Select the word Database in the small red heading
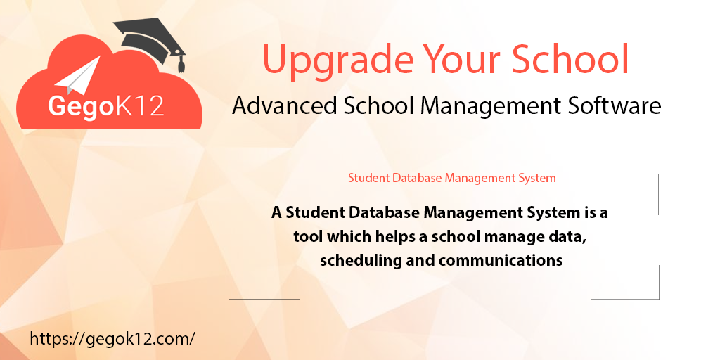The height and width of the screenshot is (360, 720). click(x=418, y=178)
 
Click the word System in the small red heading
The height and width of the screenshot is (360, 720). click(x=536, y=178)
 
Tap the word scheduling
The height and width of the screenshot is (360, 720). click(x=360, y=260)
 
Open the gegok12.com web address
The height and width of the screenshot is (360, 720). click(x=112, y=338)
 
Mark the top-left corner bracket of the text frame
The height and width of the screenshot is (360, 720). click(x=230, y=173)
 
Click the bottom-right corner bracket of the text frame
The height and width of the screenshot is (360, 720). click(x=657, y=297)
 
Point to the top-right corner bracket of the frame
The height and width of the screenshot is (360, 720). click(x=657, y=175)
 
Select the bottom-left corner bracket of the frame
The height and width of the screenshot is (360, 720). click(x=230, y=297)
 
